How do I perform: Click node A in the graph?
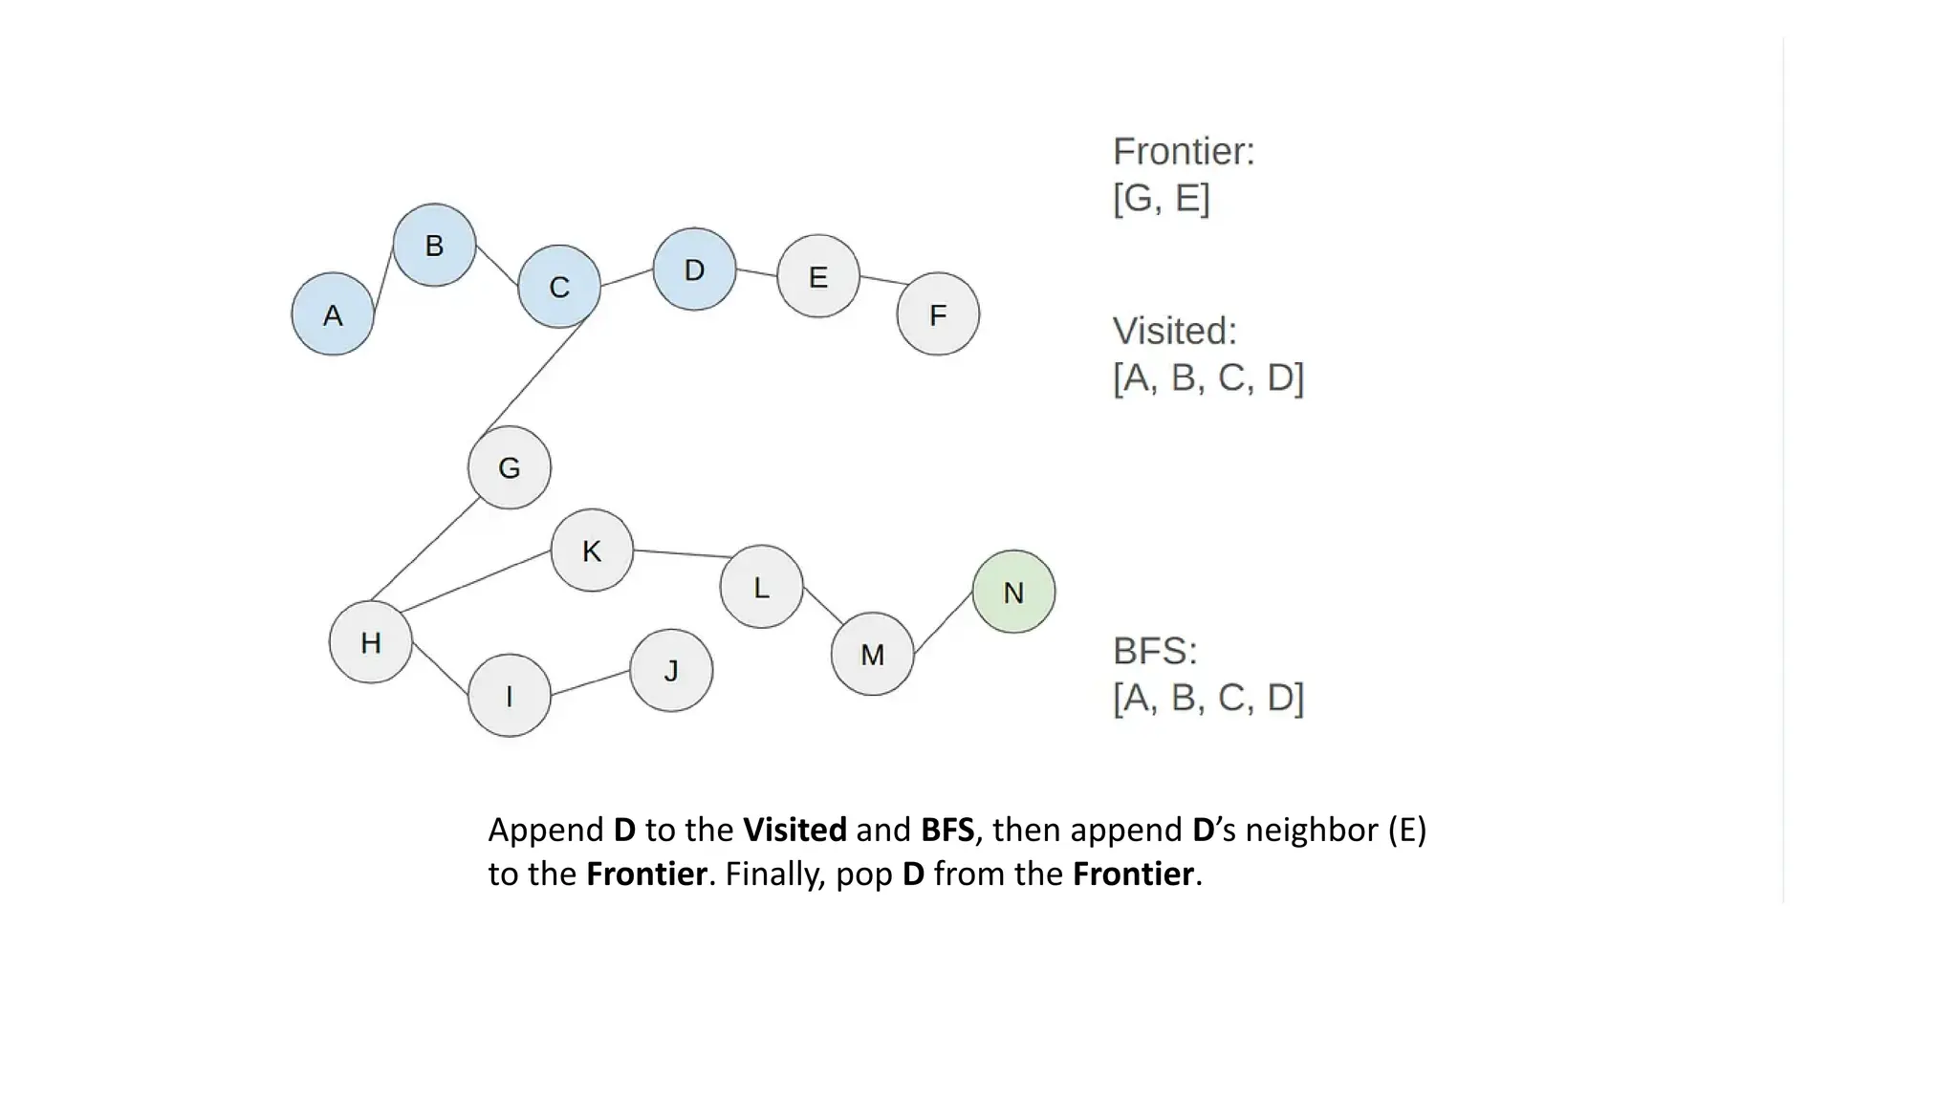[x=333, y=314]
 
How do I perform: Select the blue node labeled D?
[x=695, y=270]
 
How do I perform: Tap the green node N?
[x=1013, y=592]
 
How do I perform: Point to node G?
[x=510, y=467]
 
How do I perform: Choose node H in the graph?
[x=371, y=642]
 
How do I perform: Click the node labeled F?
[x=938, y=314]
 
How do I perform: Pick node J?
[x=671, y=670]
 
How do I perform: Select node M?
[x=872, y=654]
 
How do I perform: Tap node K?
[x=592, y=550]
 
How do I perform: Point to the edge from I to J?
[x=591, y=682]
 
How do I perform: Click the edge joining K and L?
[x=681, y=553]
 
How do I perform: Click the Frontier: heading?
[x=1184, y=152]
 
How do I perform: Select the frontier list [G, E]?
[x=1161, y=198]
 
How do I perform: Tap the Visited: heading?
[x=1175, y=331]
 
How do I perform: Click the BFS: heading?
[x=1155, y=651]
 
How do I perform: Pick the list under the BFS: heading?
[x=1208, y=698]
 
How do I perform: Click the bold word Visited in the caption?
[x=794, y=830]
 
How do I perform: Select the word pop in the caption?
[x=864, y=874]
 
